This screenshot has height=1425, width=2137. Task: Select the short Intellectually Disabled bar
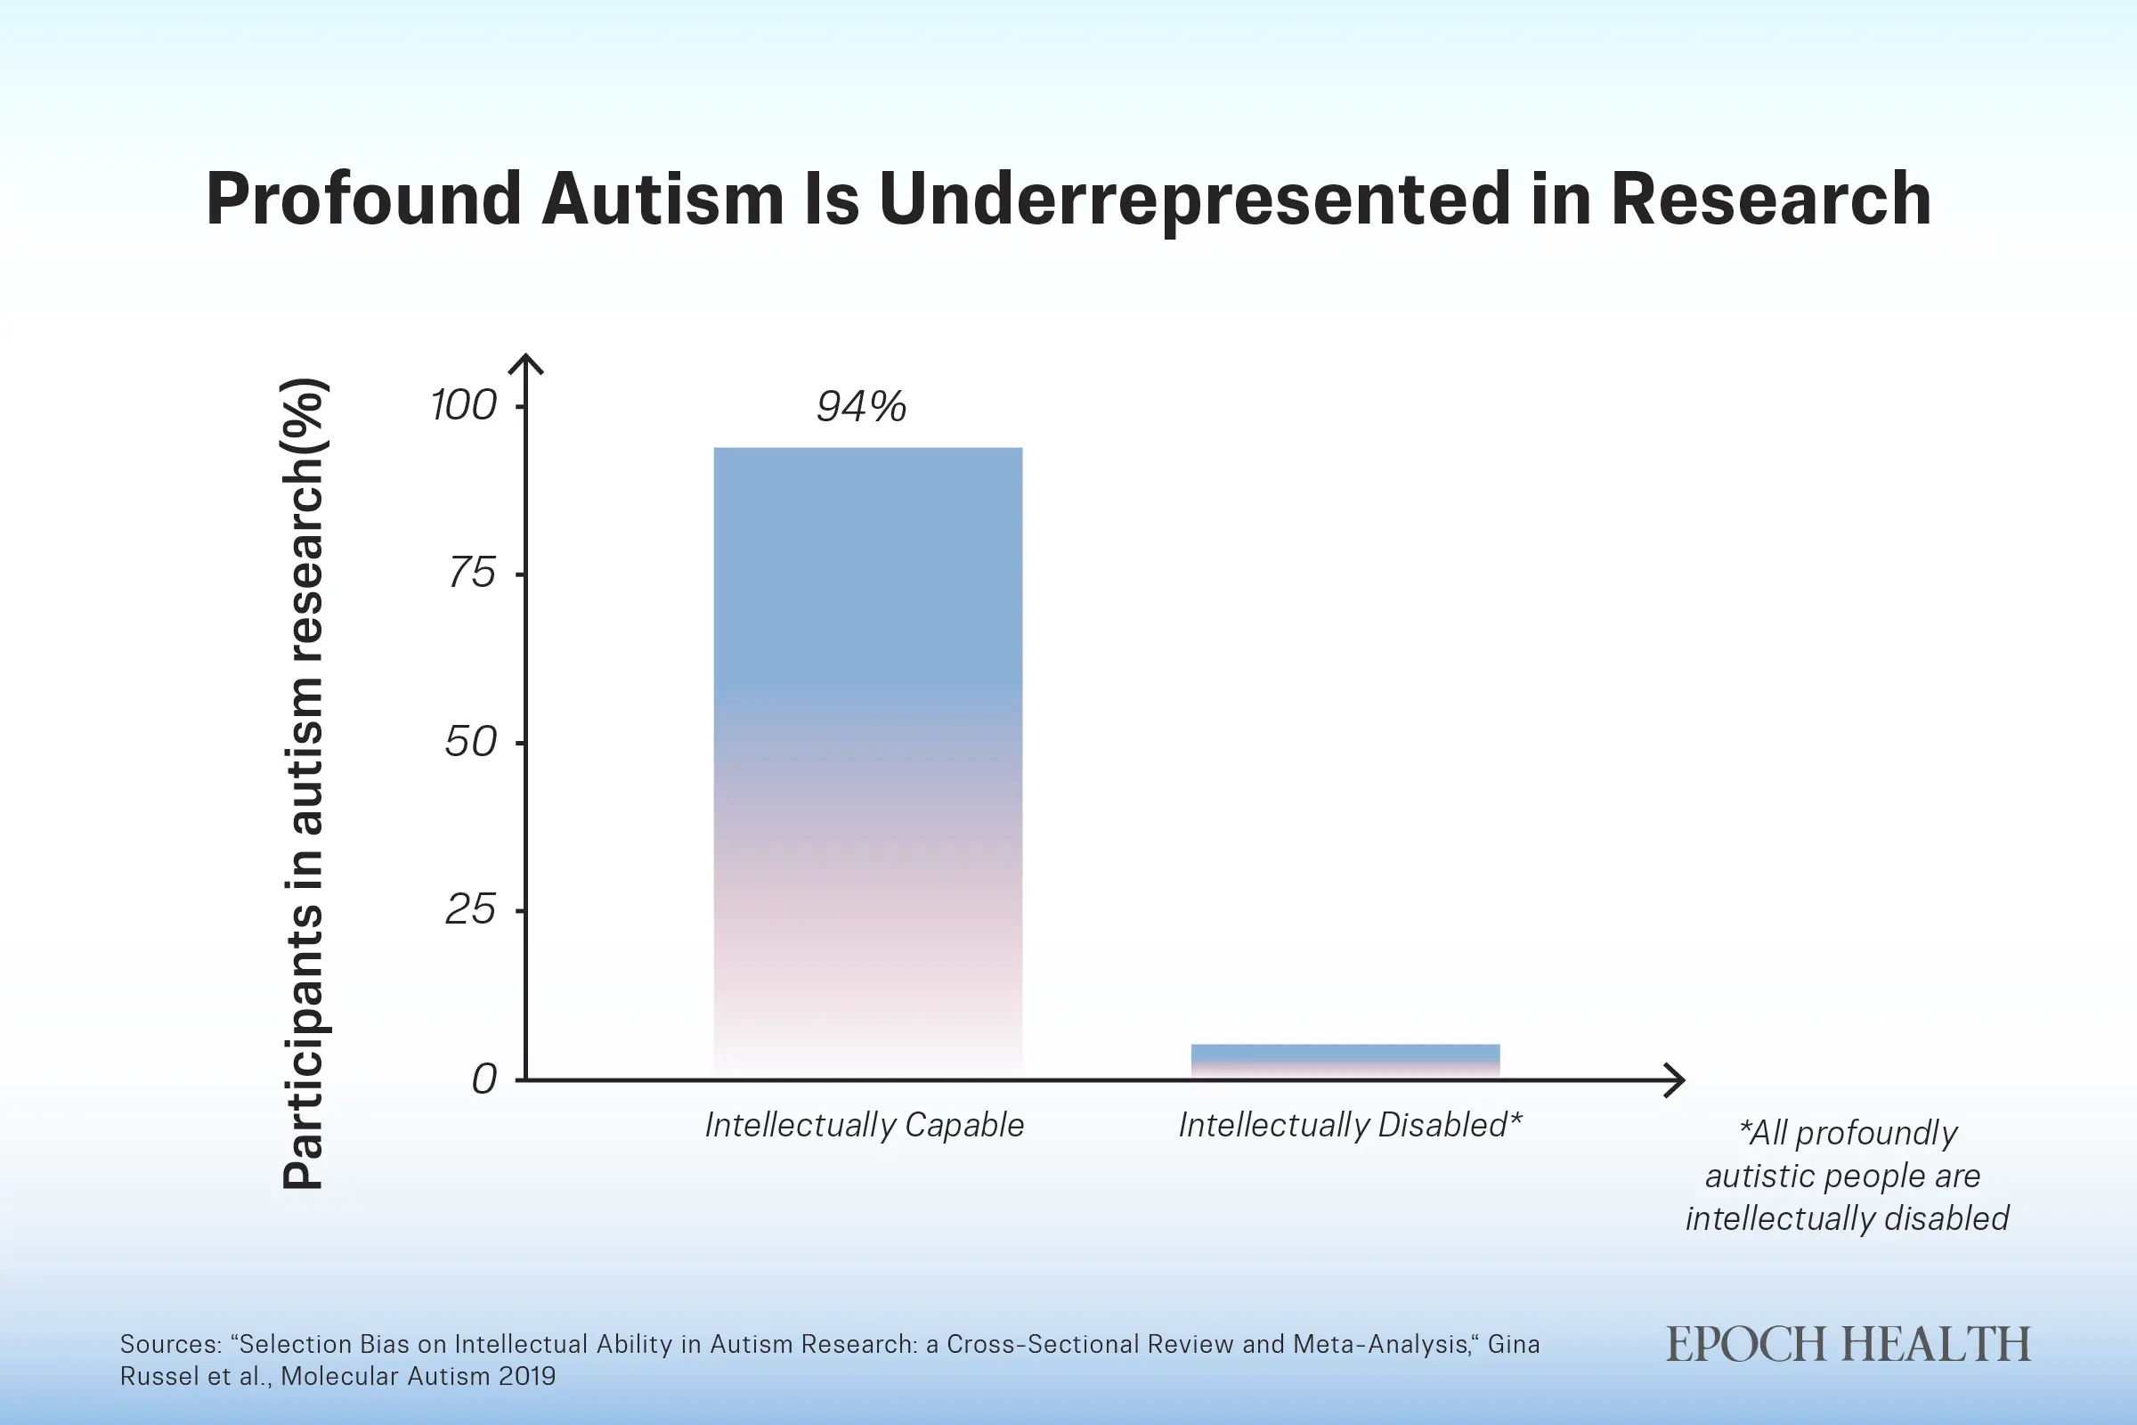[x=1345, y=1061]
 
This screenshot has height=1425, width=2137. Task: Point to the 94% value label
[x=860, y=406]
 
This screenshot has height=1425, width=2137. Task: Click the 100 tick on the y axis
[x=463, y=405]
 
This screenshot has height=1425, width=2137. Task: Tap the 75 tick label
[x=472, y=574]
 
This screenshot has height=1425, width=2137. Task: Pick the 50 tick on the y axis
[x=471, y=743]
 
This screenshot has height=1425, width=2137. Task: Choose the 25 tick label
[x=471, y=909]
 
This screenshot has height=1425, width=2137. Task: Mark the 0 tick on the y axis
[x=484, y=1079]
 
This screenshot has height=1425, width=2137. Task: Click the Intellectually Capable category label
[x=864, y=1125]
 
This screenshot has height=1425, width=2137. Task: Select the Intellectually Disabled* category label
[x=1350, y=1125]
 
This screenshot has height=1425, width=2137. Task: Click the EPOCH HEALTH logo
[x=1847, y=1345]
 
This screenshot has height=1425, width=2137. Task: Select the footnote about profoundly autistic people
[x=1846, y=1175]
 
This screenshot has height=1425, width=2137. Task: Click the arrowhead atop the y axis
[x=525, y=362]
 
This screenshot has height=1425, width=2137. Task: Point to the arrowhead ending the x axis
[x=1675, y=1079]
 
